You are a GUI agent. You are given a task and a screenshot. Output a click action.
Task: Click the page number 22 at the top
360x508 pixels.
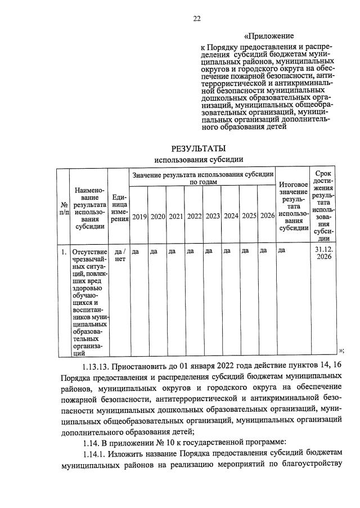[x=197, y=19]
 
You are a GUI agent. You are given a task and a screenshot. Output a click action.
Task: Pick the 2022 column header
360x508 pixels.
[x=194, y=216]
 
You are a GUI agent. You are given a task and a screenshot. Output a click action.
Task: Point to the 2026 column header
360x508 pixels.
[x=267, y=216]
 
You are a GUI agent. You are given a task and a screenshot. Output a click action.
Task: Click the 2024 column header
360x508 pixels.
[x=231, y=216]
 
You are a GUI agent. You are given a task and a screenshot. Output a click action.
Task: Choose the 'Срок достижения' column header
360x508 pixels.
[x=323, y=205]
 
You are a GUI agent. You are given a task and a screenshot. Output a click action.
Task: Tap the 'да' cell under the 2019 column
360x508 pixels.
[x=135, y=251]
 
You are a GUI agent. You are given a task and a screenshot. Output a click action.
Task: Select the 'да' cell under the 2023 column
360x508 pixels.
[x=209, y=251]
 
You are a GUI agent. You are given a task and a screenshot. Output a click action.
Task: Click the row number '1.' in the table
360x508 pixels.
[x=64, y=251]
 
